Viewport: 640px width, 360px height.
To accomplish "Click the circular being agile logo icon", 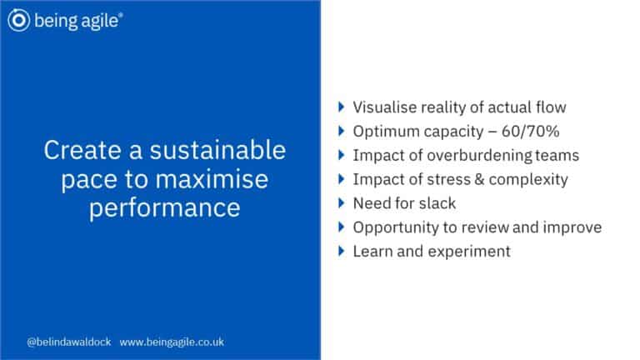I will pyautogui.click(x=18, y=20).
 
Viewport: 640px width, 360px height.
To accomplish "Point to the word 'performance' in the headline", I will pyautogui.click(x=165, y=207).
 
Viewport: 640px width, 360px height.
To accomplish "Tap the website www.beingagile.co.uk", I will pyautogui.click(x=172, y=342).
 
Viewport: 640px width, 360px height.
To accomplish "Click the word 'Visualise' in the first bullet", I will pyautogui.click(x=386, y=107).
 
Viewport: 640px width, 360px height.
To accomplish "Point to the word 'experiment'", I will pyautogui.click(x=469, y=252).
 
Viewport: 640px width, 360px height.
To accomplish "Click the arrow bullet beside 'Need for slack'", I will pyautogui.click(x=342, y=203).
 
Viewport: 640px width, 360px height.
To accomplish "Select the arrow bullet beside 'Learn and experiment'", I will pyautogui.click(x=342, y=252).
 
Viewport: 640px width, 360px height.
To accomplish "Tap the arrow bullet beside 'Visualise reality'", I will pyautogui.click(x=342, y=107).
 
